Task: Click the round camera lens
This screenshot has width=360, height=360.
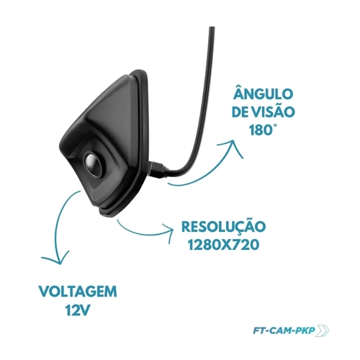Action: [x=93, y=164]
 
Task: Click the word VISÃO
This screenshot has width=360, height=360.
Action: [x=274, y=112]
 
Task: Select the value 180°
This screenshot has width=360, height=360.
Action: [x=261, y=130]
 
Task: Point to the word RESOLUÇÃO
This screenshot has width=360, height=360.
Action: [x=224, y=226]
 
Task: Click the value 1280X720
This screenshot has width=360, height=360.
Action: [x=223, y=245]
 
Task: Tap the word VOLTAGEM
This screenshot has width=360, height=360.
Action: [x=78, y=292]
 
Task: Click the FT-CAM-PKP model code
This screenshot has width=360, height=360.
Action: [x=284, y=330]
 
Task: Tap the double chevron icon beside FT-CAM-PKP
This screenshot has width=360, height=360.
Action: [x=323, y=330]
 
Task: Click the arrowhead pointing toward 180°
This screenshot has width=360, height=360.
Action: [x=232, y=147]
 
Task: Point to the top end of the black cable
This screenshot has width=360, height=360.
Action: [x=212, y=27]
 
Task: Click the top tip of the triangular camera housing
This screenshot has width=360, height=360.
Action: [x=138, y=71]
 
